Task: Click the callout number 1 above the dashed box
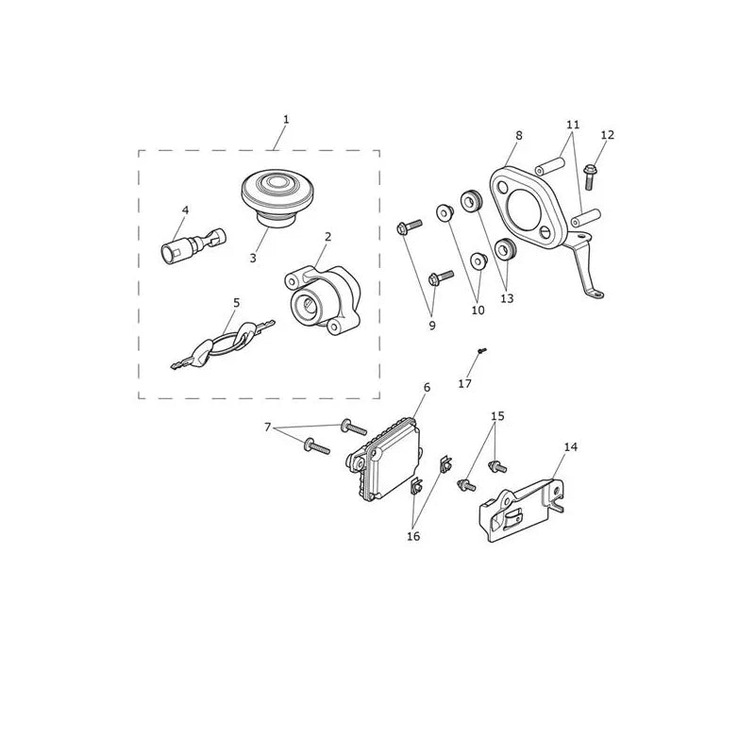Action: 286,120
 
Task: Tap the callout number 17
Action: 464,384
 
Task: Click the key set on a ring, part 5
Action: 224,344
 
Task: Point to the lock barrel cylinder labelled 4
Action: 193,245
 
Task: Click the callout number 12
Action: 608,135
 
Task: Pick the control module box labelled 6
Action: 385,459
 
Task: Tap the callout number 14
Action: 570,446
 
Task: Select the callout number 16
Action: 413,536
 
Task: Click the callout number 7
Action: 268,427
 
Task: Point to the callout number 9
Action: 432,326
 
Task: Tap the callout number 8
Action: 518,136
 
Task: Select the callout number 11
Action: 573,125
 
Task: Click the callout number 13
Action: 507,298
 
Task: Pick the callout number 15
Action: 498,415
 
